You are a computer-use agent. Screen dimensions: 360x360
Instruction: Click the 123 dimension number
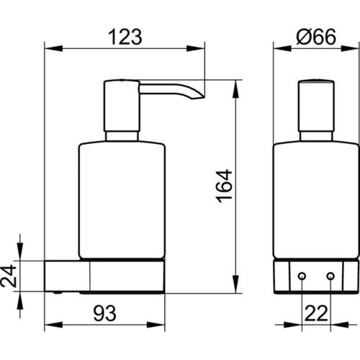point(125,37)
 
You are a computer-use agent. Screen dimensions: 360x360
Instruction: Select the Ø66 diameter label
point(316,37)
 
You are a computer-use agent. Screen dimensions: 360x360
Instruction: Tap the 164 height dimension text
point(224,186)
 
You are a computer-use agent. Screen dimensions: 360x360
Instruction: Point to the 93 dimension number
point(105,313)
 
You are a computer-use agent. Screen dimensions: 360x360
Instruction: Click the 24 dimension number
point(9,276)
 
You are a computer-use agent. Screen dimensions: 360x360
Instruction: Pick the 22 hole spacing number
point(316,313)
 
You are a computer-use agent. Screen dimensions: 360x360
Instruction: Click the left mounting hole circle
point(302,276)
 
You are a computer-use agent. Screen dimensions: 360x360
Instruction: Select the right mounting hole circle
point(330,276)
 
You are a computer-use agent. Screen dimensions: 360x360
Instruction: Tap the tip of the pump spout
point(204,97)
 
